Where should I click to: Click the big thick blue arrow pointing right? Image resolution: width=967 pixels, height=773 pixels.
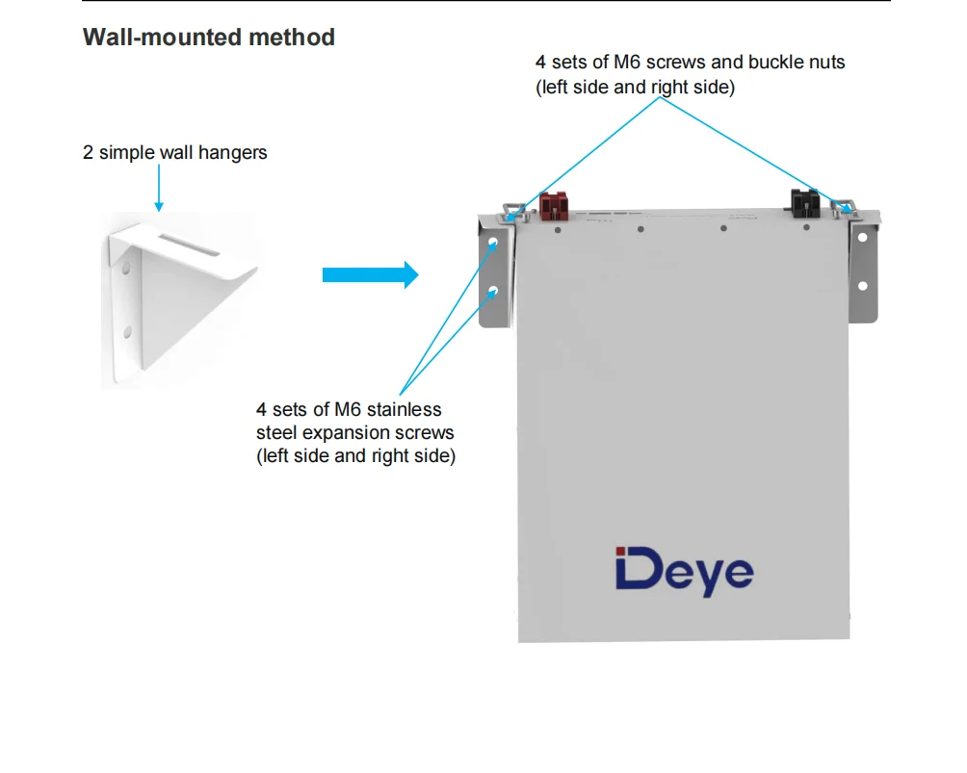[x=370, y=274]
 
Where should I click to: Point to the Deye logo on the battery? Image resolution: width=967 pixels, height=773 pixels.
[x=684, y=572]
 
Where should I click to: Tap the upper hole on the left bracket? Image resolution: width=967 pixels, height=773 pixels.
[x=493, y=244]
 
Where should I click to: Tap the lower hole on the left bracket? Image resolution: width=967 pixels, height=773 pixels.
[x=493, y=290]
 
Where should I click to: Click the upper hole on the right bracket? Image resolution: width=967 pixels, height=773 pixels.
[x=862, y=237]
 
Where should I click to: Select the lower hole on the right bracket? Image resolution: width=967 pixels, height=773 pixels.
[x=862, y=286]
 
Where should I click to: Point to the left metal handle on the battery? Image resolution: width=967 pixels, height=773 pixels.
[x=512, y=211]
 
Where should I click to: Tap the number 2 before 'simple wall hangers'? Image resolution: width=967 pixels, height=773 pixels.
[x=89, y=153]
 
